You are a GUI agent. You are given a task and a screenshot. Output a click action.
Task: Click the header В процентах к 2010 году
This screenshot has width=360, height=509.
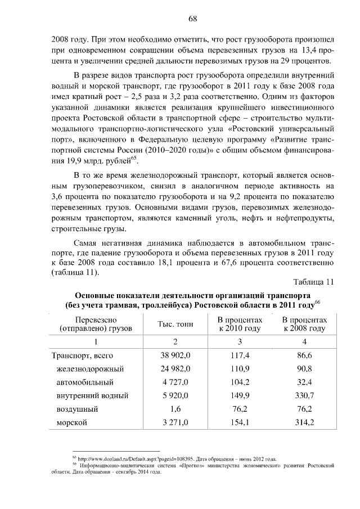point(240,323)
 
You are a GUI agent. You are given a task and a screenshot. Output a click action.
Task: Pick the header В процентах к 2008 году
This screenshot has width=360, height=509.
point(304,323)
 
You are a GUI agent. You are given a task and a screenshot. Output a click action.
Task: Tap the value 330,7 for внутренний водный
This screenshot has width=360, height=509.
point(304,395)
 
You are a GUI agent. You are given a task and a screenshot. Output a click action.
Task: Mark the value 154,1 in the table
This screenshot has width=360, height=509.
point(240,422)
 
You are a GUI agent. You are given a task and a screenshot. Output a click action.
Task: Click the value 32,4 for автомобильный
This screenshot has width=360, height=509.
point(304,382)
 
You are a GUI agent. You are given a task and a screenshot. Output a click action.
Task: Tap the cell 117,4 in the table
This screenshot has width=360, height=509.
point(240,355)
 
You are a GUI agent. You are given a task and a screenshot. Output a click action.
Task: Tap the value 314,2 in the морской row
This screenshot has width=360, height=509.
point(304,422)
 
